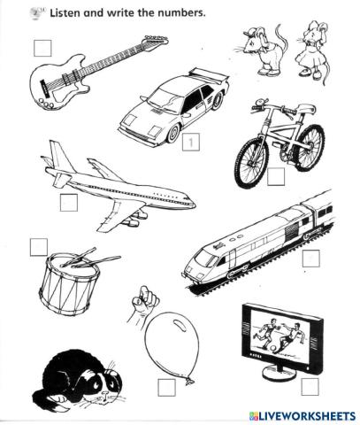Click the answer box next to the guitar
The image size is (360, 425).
[x=42, y=48]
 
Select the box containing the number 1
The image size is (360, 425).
[x=191, y=142]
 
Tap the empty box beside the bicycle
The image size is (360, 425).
[x=276, y=177]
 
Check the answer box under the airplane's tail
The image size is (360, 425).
[x=69, y=203]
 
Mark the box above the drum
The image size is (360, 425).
[x=39, y=247]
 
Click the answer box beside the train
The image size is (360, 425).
[x=310, y=259]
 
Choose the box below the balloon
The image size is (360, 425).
[x=166, y=388]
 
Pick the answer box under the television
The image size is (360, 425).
[x=310, y=387]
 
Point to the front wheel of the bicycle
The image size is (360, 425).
[x=251, y=162]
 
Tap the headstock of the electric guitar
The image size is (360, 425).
[x=157, y=40]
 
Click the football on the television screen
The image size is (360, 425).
[x=275, y=350]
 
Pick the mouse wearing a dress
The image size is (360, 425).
[x=313, y=51]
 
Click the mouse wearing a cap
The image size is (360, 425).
[x=263, y=50]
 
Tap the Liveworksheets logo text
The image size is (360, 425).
[x=303, y=416]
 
